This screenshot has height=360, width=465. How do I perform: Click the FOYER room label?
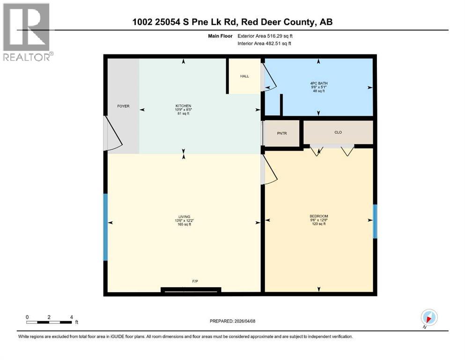point(123,106)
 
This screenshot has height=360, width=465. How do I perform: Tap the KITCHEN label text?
point(181,106)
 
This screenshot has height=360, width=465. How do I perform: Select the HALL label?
point(244,76)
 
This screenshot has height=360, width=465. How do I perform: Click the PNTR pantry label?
point(281,133)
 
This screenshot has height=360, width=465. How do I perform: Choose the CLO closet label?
point(338,132)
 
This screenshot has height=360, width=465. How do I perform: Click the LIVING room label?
point(184,217)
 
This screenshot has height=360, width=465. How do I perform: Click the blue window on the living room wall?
point(105,227)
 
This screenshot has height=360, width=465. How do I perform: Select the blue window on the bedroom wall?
point(375,221)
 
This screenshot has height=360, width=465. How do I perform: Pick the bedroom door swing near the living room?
point(270,170)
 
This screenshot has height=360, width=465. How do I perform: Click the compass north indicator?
point(429,317)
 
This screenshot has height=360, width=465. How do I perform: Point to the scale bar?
point(49,322)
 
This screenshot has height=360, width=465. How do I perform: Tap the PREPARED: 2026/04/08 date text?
point(232,321)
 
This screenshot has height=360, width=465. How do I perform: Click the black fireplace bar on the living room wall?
point(191,290)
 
